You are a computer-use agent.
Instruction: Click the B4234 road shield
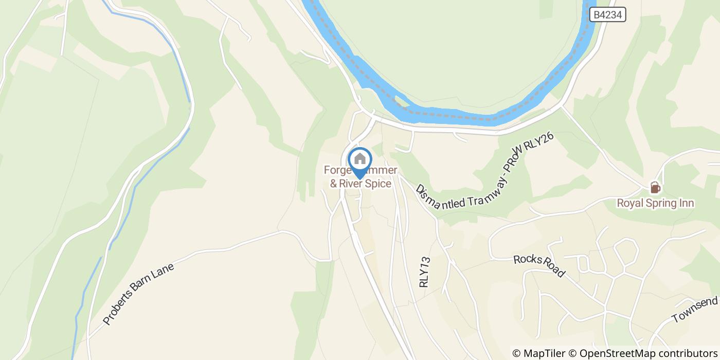click(608, 15)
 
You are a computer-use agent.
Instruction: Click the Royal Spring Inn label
click(655, 203)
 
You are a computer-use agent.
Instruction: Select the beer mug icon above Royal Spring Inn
click(655, 188)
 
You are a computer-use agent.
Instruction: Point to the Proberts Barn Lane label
click(139, 295)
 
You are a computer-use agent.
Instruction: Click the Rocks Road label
click(539, 265)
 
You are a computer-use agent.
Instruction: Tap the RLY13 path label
click(424, 273)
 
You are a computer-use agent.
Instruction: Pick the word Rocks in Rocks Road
click(527, 259)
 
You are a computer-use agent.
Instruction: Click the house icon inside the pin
click(360, 159)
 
